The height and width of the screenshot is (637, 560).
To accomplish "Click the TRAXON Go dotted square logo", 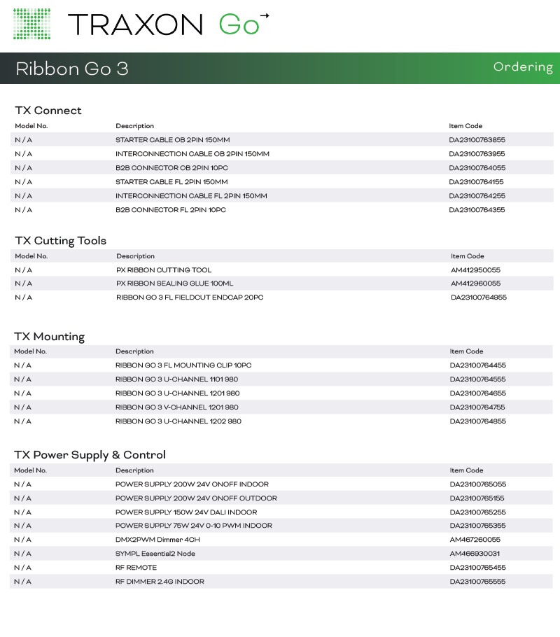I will (x=32, y=24).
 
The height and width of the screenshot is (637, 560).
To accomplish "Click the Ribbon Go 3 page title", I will (x=72, y=69).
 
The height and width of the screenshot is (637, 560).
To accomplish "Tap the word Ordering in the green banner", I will (x=522, y=67).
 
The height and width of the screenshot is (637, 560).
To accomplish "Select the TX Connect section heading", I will (x=48, y=111).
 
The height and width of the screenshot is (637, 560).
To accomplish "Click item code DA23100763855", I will (x=477, y=140).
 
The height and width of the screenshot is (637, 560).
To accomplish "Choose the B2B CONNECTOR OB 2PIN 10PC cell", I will (x=171, y=168).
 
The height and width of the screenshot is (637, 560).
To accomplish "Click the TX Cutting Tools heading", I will (x=61, y=241).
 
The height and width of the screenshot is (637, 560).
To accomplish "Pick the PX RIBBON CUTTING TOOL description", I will (x=164, y=270).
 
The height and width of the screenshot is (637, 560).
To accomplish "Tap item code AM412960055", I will (x=475, y=283).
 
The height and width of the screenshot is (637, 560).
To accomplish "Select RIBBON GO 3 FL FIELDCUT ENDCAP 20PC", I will (x=190, y=297).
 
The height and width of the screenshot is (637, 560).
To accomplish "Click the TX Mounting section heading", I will (x=50, y=337).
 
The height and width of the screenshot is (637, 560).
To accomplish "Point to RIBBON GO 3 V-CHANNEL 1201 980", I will (x=177, y=407).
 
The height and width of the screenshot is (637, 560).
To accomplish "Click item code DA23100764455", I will (x=477, y=365).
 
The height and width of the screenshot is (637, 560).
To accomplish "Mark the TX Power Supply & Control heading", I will (x=90, y=455).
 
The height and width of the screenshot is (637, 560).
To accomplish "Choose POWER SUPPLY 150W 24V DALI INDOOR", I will (x=186, y=512).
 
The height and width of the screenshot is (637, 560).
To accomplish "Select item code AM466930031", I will (x=475, y=554).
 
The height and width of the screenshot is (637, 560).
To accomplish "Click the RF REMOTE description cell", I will (x=136, y=568).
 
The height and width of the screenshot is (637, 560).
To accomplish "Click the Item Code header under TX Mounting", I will (x=466, y=351).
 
